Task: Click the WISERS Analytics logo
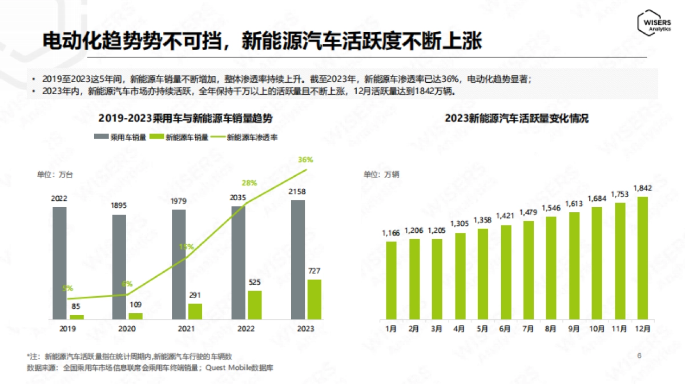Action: [x=655, y=22]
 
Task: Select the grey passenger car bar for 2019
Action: [x=59, y=262]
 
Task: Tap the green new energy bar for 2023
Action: [x=314, y=299]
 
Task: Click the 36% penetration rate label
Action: [x=305, y=159]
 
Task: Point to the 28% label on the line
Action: [x=249, y=183]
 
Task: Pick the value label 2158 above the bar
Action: [x=299, y=192]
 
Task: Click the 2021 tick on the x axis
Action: [x=187, y=329]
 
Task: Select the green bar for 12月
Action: [x=642, y=258]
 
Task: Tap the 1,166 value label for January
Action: [x=391, y=233]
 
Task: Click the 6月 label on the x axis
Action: [x=505, y=329]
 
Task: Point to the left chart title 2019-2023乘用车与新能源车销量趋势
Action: [x=186, y=119]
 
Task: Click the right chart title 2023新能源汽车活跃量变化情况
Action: [x=517, y=119]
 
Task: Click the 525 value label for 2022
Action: [x=255, y=282]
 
